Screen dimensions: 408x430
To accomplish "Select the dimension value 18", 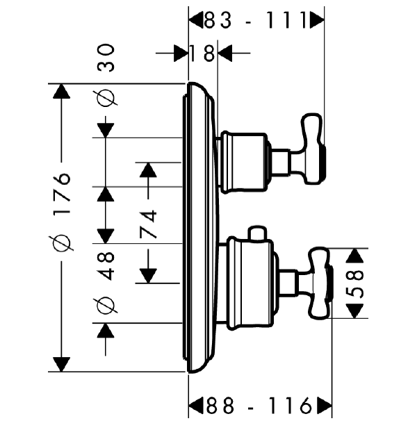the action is click(202, 53).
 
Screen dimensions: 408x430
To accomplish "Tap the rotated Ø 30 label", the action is click(106, 74).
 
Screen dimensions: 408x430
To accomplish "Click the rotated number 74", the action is click(148, 224).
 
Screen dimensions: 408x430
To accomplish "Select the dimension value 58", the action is click(354, 284).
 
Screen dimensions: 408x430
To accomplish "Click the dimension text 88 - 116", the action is click(259, 406).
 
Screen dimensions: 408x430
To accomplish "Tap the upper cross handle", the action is click(312, 149).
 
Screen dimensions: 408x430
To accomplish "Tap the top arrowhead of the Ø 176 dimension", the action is click(61, 91).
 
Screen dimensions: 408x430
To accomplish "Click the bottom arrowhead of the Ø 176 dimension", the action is click(61, 365).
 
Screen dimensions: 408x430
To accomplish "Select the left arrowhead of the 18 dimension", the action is click(181, 53).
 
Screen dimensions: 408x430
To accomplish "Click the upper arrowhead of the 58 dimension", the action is click(354, 256).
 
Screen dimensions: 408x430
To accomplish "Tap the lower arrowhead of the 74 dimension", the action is click(148, 276).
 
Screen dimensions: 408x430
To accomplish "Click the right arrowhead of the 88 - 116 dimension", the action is click(325, 406).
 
